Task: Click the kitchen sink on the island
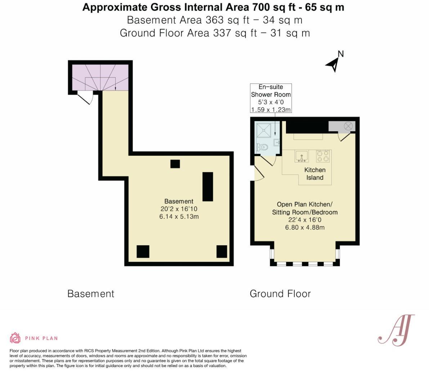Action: click(x=301, y=156)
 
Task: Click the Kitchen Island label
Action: click(x=315, y=174)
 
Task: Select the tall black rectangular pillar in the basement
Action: click(x=207, y=186)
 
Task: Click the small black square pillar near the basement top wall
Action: click(x=175, y=164)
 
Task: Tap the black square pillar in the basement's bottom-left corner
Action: click(x=143, y=251)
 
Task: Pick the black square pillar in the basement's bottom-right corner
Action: click(x=222, y=251)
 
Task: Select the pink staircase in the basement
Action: click(x=100, y=77)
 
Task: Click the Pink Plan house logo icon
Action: click(x=15, y=338)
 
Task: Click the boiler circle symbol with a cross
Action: click(x=348, y=126)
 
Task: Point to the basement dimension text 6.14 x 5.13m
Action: click(x=179, y=217)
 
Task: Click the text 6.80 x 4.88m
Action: click(x=305, y=227)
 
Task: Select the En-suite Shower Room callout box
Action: click(x=271, y=98)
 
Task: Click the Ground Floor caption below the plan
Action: click(x=280, y=294)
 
